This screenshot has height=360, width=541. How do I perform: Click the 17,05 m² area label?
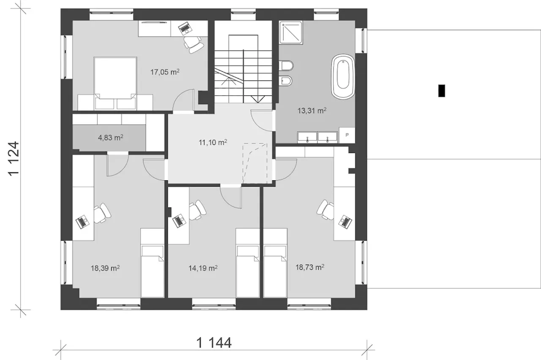click(165, 72)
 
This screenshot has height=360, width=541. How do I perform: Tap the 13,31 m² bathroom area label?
click(312, 111)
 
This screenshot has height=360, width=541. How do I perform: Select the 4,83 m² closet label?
click(111, 137)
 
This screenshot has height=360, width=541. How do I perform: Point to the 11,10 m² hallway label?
click(213, 143)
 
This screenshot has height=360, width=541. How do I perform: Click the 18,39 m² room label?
click(105, 268)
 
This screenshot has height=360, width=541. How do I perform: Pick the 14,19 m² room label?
click(203, 268)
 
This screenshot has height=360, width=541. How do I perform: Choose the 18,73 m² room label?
click(310, 267)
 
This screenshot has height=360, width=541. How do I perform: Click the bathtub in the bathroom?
click(343, 77)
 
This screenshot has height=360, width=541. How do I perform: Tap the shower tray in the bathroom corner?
click(291, 33)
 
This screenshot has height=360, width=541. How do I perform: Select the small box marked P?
click(347, 135)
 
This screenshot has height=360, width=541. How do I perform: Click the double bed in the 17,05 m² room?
click(115, 83)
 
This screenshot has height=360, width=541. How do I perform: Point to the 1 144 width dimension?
click(214, 343)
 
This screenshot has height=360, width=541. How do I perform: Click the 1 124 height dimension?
click(14, 159)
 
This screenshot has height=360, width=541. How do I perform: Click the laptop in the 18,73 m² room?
click(345, 222)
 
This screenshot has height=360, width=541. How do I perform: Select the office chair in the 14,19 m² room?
click(197, 210)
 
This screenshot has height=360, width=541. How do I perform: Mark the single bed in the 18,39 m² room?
click(153, 263)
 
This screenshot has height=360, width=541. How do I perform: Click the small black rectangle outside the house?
click(442, 91)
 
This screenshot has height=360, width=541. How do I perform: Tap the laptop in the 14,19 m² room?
click(179, 221)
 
